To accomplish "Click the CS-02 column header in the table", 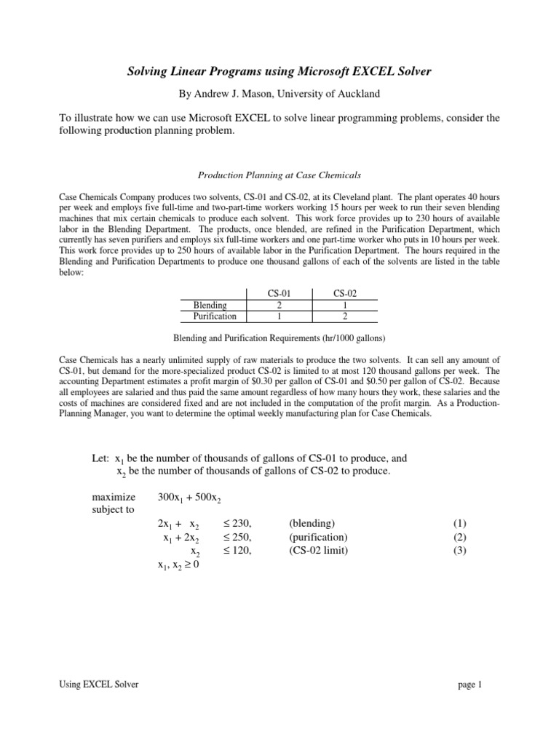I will [345, 293].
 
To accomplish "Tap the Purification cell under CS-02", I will [345, 316].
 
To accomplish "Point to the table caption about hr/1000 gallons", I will [279, 338].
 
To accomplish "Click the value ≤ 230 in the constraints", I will [236, 524].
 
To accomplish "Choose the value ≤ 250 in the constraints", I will [236, 538].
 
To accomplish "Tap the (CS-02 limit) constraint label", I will [319, 551].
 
